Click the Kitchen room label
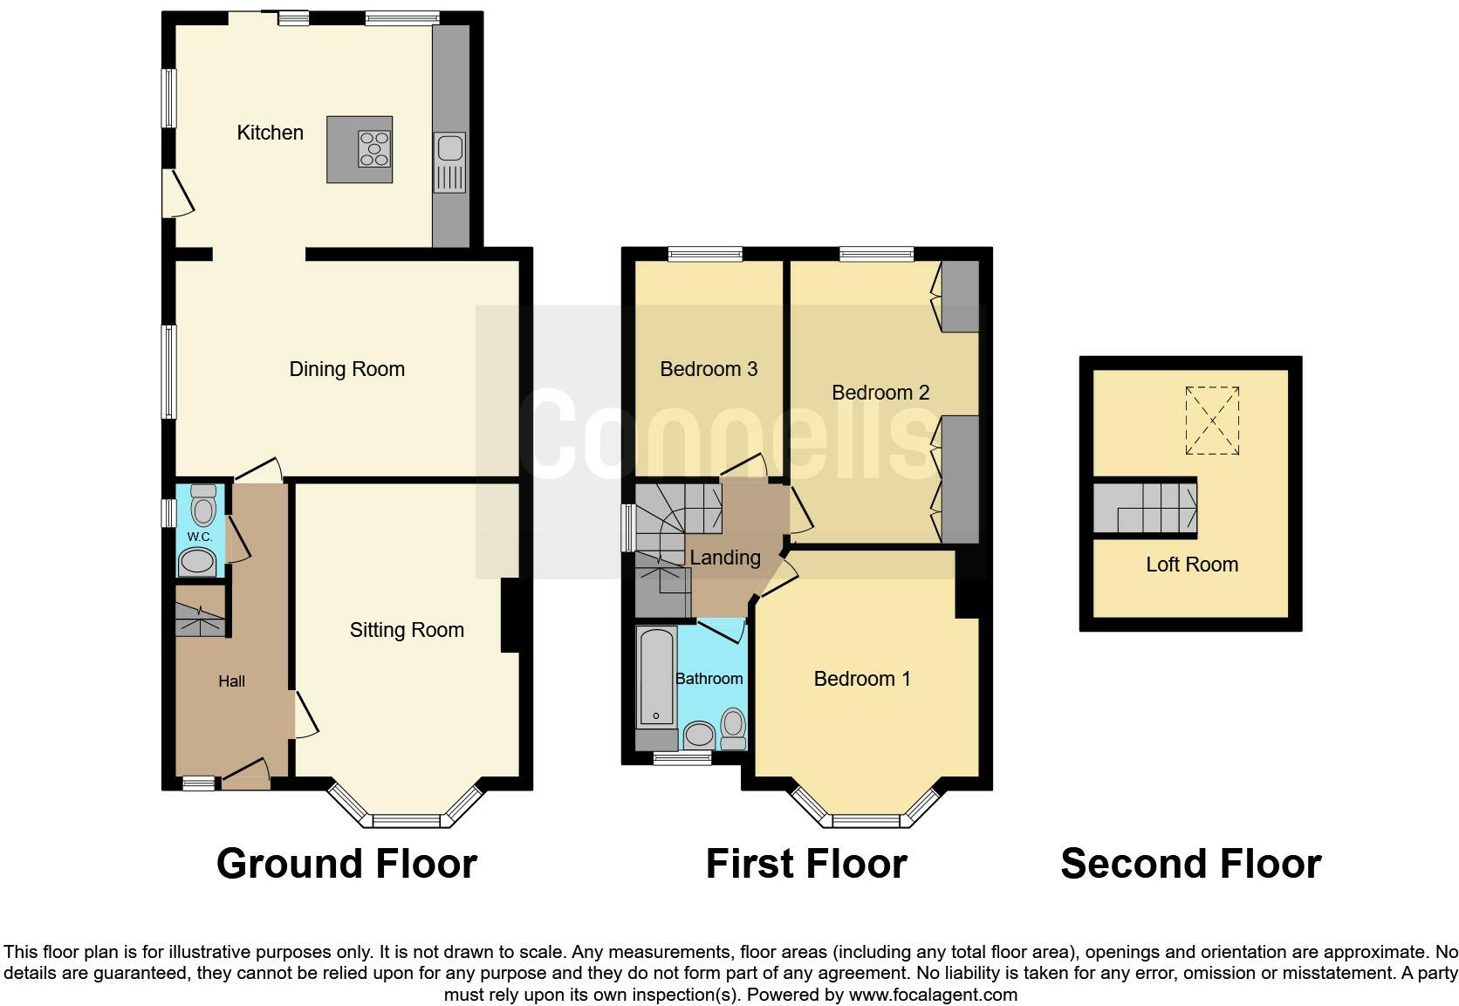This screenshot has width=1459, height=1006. (x=271, y=133)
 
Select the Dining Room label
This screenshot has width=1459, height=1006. (x=347, y=369)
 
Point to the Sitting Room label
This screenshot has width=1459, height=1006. (x=408, y=630)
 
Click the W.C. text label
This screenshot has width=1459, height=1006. (x=200, y=537)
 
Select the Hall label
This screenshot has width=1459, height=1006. (x=232, y=681)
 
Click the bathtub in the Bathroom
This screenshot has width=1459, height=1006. (x=656, y=677)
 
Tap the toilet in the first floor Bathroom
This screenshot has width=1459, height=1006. (x=733, y=729)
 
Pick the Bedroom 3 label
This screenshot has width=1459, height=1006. (x=709, y=369)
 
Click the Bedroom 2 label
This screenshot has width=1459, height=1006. (x=880, y=393)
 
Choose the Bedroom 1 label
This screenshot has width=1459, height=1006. (x=862, y=679)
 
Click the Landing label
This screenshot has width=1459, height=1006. (x=725, y=558)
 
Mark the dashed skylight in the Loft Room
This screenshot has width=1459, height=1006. (x=1212, y=421)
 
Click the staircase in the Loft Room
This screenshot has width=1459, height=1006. (x=1145, y=508)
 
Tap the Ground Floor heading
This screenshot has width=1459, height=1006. (x=347, y=864)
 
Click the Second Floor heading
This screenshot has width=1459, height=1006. (x=1191, y=864)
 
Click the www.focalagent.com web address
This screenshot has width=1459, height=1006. (x=933, y=995)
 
